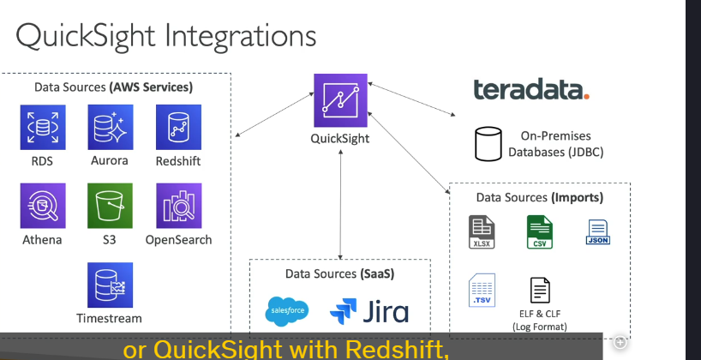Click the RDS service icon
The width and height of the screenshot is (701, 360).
pos(43,128)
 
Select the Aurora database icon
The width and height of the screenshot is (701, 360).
pos(111,127)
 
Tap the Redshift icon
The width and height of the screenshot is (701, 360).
pos(178,127)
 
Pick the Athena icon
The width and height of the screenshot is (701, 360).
pos(43,206)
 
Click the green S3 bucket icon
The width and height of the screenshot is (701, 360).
pos(110,206)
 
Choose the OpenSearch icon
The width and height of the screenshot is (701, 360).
pos(179,206)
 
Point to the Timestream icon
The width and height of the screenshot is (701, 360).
pos(110,285)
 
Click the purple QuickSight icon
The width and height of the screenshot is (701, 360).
pos(340,100)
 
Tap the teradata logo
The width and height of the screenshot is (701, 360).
pos(531,88)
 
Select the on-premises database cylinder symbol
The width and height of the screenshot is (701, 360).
pos(488,144)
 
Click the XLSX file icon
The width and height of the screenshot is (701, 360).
pos(482,231)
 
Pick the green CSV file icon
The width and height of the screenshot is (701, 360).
pos(540,231)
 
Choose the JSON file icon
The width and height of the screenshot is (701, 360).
pos(597,232)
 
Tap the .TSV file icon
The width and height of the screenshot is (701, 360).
pos(482,291)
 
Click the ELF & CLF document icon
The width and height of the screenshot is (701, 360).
pos(540,291)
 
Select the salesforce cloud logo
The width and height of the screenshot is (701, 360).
pos(287,311)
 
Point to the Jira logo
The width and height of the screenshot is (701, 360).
pos(369,311)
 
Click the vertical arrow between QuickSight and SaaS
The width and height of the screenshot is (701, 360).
pos(340,204)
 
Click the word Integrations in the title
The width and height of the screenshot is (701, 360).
pos(241,37)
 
